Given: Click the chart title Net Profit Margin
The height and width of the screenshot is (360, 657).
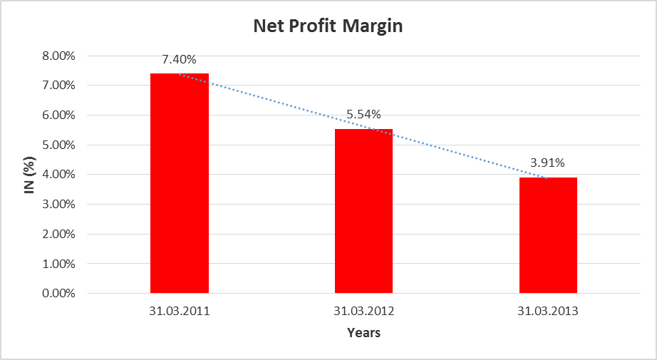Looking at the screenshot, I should (x=328, y=27).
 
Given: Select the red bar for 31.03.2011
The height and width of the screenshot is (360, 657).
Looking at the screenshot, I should (x=180, y=183).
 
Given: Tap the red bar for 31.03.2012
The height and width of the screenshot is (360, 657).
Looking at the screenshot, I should (x=363, y=211).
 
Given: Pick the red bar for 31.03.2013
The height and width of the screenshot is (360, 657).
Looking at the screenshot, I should (x=548, y=235).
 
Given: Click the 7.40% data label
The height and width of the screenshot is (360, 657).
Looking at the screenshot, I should (x=180, y=59).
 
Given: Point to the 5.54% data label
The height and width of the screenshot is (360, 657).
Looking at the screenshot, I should (x=363, y=114).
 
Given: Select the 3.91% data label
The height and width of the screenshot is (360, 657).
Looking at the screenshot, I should (x=548, y=163).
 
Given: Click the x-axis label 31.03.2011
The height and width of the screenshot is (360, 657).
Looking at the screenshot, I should (x=180, y=312).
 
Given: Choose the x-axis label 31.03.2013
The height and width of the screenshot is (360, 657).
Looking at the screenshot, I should (x=548, y=312).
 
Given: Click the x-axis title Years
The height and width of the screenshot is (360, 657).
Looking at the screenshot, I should (x=363, y=333).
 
